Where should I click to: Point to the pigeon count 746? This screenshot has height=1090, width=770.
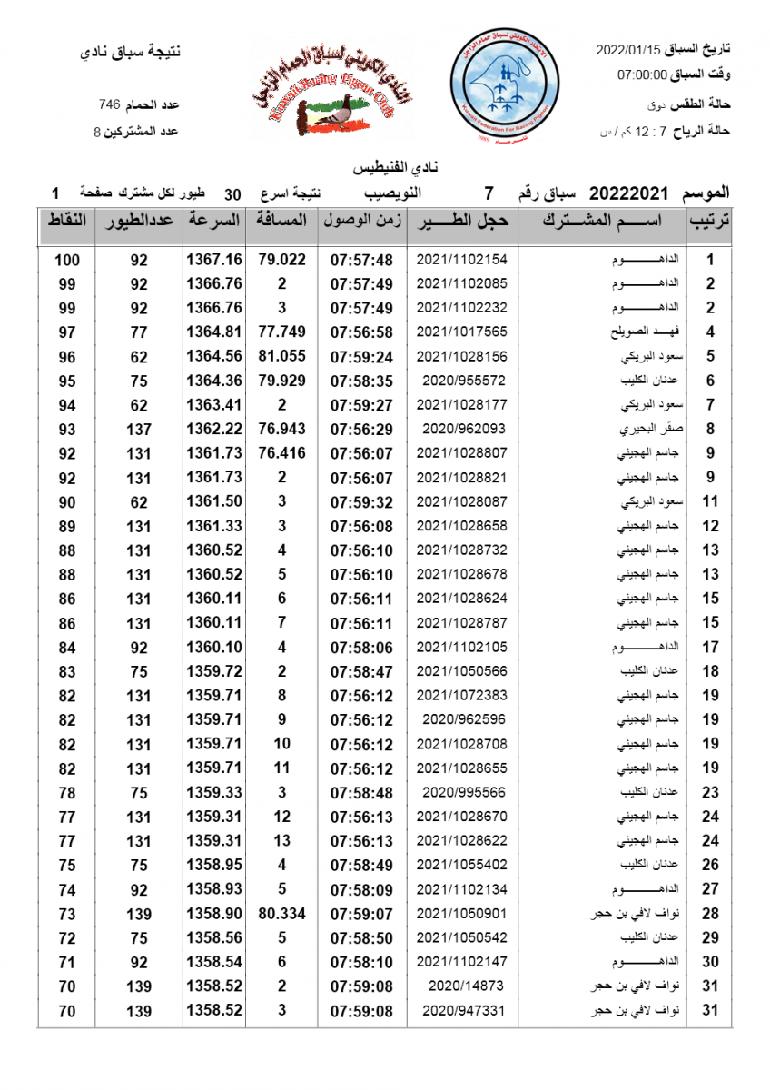coord(110,104)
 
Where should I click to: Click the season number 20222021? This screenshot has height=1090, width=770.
coord(629,193)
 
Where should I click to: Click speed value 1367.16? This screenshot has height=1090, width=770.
coord(213,260)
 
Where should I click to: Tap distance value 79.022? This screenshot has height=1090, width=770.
coord(281,260)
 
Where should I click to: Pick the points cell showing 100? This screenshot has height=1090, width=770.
coord(67,260)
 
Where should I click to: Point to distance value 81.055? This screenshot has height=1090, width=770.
coord(281,356)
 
